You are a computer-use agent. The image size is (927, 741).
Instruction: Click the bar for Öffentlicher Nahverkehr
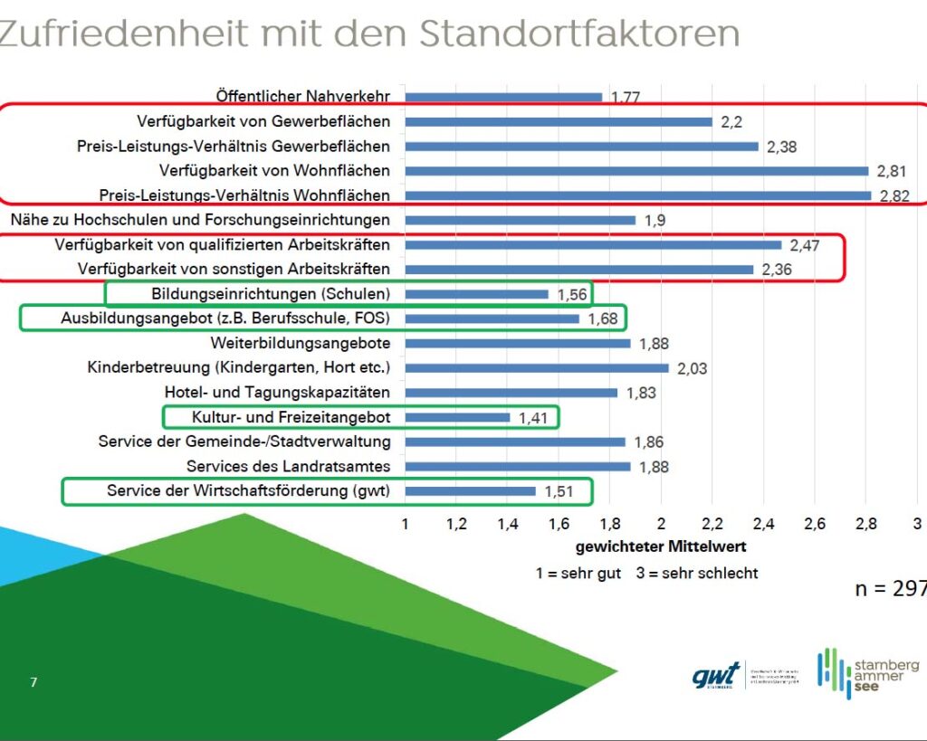point(503,97)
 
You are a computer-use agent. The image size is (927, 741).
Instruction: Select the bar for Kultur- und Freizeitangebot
point(457,417)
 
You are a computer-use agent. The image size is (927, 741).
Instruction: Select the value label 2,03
point(691,368)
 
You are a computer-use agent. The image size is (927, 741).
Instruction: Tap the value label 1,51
point(559,491)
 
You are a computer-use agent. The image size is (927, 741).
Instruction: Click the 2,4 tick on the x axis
point(764,524)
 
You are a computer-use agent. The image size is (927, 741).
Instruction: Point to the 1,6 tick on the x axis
point(559,524)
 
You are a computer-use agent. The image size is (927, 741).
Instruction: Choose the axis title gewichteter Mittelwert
point(661,547)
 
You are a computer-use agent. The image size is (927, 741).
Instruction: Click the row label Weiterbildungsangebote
point(301,344)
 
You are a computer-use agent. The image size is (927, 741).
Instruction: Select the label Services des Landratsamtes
point(289,467)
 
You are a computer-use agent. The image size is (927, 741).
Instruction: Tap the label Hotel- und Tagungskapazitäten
point(277,393)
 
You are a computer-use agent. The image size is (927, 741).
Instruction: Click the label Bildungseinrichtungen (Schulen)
point(264,294)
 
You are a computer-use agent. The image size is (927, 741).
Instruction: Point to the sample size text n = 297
point(890,589)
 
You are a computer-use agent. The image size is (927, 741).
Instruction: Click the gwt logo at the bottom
point(715,675)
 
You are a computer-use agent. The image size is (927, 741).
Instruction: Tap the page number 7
point(33,682)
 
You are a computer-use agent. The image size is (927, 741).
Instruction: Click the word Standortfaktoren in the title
point(579,34)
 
